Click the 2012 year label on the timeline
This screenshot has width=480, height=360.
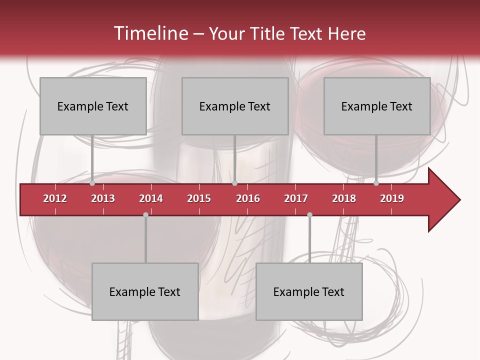[x=55, y=198]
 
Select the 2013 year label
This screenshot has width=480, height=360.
[x=103, y=198]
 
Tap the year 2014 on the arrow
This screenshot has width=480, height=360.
[x=151, y=198]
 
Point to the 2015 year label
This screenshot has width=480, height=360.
[x=199, y=198]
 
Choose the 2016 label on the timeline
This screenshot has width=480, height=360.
[x=248, y=198]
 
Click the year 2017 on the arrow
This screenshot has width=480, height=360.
[x=296, y=198]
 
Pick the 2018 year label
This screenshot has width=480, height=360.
[x=344, y=198]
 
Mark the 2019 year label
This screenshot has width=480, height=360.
[x=392, y=198]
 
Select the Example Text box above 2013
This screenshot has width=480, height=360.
[x=93, y=106]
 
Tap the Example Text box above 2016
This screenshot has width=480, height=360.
[x=235, y=106]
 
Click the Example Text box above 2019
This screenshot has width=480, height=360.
[x=377, y=106]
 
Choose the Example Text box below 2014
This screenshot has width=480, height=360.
[x=145, y=291]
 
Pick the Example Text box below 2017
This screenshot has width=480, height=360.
[x=309, y=291]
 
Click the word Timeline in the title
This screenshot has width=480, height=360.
[x=150, y=33]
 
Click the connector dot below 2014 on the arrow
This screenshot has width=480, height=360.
[x=145, y=214]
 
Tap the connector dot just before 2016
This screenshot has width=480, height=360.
[x=234, y=183]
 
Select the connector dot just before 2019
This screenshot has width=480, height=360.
[x=376, y=183]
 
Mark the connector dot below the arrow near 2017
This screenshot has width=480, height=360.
[x=309, y=214]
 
